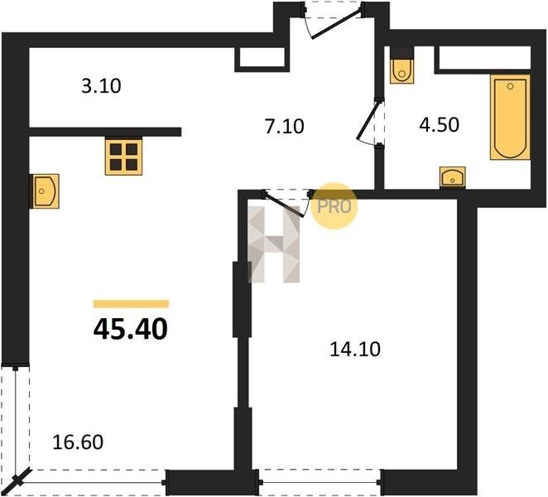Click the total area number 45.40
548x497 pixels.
[130, 330]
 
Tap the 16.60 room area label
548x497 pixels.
[78, 442]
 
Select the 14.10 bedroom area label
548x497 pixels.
[355, 350]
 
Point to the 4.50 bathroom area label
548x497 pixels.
[439, 125]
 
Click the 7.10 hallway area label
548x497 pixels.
[284, 126]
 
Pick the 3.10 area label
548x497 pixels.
[101, 86]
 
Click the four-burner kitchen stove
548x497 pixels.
[123, 157]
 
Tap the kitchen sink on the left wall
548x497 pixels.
[45, 191]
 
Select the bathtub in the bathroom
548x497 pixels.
[510, 117]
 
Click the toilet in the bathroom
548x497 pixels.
[402, 71]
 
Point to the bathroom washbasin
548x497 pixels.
[453, 177]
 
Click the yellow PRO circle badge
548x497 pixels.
[334, 206]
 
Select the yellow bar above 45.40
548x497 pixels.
[131, 304]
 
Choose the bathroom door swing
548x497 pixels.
[369, 122]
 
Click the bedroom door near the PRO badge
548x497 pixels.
[287, 204]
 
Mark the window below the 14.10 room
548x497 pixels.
[320, 482]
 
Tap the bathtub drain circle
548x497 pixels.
[510, 86]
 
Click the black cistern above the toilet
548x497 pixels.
[402, 52]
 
